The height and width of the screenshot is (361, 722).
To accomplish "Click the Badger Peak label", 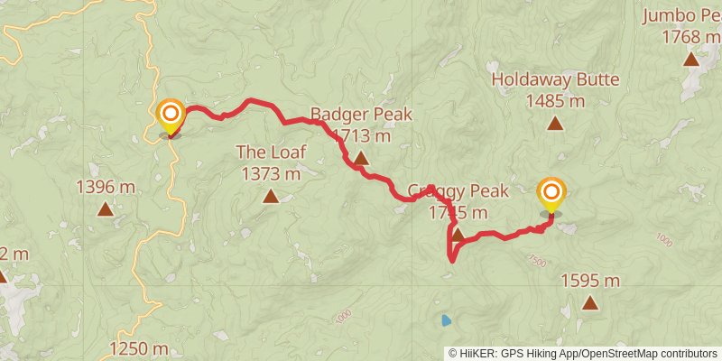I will (361, 115).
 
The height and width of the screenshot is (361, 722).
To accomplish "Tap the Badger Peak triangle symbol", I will (361, 160).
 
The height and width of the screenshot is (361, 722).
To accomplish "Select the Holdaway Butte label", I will (555, 79).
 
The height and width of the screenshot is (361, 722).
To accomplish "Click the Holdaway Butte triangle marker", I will (555, 124).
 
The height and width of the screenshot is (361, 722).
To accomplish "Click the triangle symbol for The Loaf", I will (271, 195).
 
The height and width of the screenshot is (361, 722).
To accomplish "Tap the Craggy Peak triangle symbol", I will (458, 236).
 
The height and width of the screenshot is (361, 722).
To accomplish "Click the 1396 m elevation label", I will (106, 188).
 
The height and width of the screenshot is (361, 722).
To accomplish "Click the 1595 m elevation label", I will (590, 281).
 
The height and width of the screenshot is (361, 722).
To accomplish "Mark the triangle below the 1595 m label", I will (590, 303).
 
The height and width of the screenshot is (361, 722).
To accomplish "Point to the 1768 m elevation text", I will (691, 37).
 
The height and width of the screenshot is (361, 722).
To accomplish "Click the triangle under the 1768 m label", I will (691, 60).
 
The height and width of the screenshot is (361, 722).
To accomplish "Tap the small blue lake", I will (446, 319).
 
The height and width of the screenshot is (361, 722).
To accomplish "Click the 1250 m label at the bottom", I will (139, 349).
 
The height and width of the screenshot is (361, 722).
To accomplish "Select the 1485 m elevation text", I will (555, 101).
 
